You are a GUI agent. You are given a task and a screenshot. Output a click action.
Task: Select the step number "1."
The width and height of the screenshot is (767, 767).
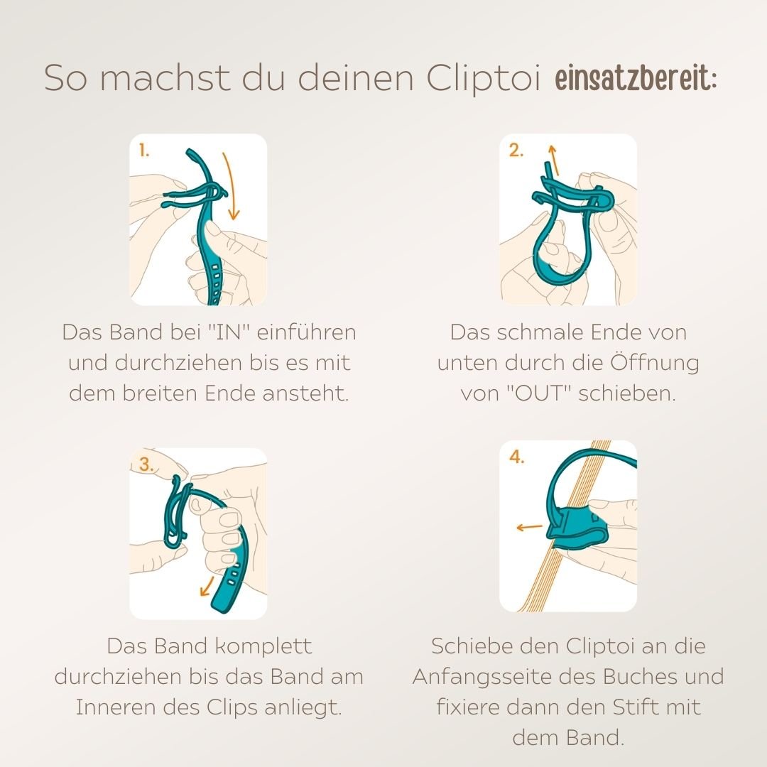144,151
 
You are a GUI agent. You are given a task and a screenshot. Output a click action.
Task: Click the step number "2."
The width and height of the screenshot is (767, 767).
516,151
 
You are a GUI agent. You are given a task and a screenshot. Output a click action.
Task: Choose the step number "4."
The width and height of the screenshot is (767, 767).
517,458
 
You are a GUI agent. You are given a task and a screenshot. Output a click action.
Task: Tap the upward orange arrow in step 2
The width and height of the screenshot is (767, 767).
553,160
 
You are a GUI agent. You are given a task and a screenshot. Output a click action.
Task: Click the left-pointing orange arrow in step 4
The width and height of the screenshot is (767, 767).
529,527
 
